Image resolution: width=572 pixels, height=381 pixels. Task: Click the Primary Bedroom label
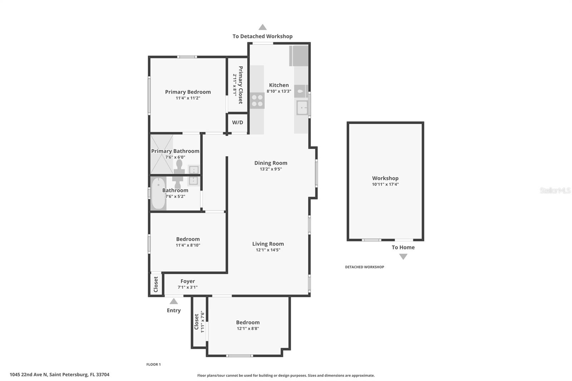188,92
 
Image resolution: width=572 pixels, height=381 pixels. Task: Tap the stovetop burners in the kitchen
257,101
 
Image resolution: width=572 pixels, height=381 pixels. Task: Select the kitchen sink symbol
302,108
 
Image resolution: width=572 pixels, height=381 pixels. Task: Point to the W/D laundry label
237,123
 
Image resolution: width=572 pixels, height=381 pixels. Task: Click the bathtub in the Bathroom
158,193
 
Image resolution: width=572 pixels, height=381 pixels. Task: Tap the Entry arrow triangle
174,301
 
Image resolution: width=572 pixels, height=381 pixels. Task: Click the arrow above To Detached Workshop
262,27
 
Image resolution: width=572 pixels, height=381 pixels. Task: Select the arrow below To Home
403,257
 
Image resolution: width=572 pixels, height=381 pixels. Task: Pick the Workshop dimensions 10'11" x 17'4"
385,184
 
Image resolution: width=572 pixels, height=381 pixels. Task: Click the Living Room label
268,244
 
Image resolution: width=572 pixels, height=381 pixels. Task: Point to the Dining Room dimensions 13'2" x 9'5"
271,169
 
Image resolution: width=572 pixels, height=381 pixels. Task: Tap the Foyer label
188,281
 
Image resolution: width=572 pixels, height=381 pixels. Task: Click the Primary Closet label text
241,85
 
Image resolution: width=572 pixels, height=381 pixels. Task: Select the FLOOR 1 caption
153,365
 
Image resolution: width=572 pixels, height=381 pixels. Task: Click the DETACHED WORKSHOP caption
365,267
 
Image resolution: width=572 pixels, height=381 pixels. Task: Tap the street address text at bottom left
59,375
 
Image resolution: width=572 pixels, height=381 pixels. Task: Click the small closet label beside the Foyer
156,284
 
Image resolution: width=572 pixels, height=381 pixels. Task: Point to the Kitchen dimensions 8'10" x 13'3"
279,91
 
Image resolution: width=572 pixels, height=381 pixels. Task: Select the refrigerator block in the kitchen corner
299,56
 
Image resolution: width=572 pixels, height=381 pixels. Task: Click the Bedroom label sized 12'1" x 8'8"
248,322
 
